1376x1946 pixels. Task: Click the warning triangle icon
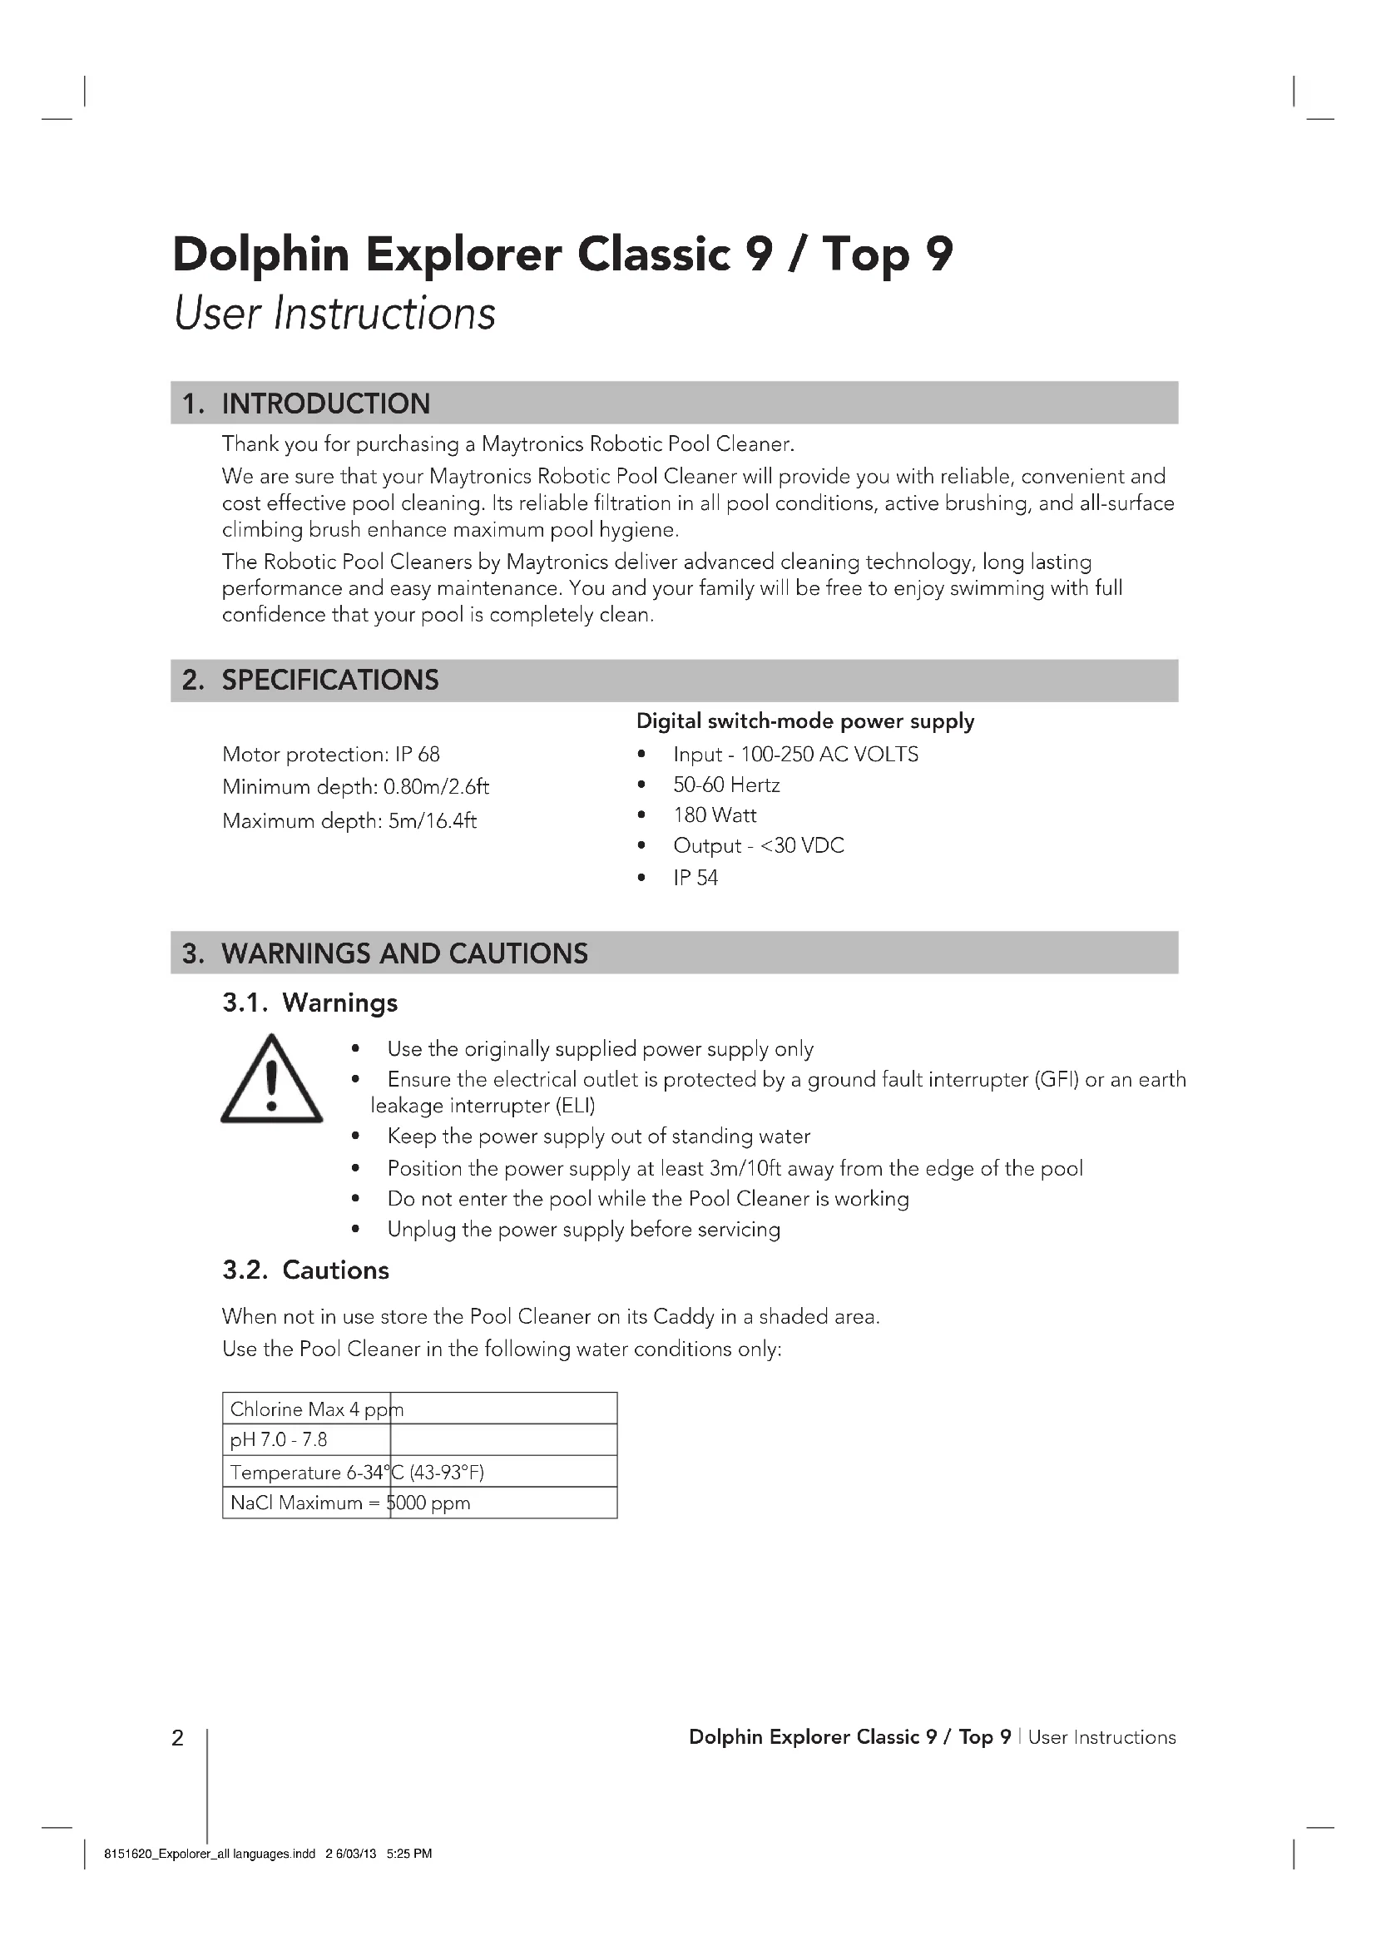(271, 1081)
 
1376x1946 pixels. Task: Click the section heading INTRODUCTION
(325, 404)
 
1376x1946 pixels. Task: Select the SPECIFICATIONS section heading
(329, 680)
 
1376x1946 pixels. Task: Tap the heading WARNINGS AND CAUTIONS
(404, 953)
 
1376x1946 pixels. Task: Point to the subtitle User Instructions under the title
(334, 313)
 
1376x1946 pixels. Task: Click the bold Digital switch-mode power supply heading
(805, 721)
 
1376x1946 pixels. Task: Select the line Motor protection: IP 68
(330, 755)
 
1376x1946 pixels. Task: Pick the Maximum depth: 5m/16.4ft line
(349, 821)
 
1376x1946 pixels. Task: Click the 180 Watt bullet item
(715, 815)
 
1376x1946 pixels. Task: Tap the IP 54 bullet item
(695, 878)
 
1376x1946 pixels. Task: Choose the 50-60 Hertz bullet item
(726, 785)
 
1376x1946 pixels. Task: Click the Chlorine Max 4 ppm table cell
(316, 1409)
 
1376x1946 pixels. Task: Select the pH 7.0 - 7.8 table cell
(279, 1440)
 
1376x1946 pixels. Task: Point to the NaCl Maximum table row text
(350, 1503)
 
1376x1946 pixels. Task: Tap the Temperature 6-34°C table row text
(357, 1473)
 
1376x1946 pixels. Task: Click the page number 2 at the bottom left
(177, 1738)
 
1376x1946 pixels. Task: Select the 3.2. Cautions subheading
(306, 1270)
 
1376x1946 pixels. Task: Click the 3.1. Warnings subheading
(310, 1003)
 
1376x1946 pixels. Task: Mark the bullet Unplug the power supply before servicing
(583, 1230)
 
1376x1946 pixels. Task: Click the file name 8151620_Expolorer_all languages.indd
(210, 1854)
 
